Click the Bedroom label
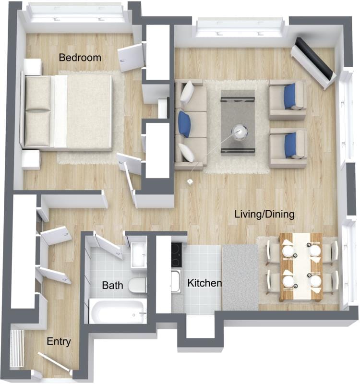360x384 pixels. [x=80, y=58]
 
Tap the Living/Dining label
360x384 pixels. [x=264, y=214]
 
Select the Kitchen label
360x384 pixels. [x=204, y=283]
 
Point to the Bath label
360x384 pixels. [x=112, y=286]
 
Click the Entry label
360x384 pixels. [x=59, y=342]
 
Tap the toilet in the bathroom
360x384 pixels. [x=138, y=285]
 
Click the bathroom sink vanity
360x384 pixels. [x=139, y=254]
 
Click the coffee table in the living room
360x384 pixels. [x=237, y=122]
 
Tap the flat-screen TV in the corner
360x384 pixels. [x=314, y=59]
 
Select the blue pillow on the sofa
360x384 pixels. [x=185, y=124]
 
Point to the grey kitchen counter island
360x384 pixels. [x=240, y=277]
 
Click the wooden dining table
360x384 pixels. [x=301, y=266]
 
